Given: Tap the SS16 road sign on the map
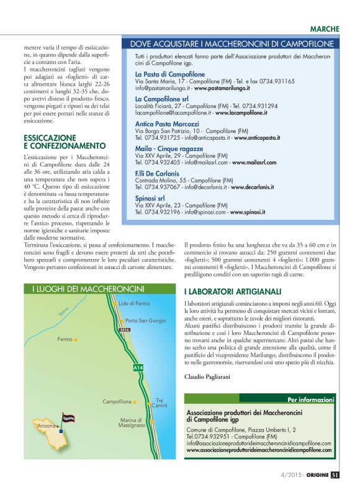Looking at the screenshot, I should point(124,330).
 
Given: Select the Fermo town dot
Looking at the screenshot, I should point(76,340).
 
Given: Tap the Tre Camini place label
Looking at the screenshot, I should point(160,403).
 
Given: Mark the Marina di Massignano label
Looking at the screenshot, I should point(132,423).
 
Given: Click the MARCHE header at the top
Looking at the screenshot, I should point(325,29).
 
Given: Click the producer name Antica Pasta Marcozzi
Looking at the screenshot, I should point(173,124).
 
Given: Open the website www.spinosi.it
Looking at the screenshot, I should point(248,212).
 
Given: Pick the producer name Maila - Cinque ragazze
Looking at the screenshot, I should point(169,149).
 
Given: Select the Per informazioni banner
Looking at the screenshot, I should point(311,399).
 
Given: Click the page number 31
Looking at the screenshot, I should point(335,476).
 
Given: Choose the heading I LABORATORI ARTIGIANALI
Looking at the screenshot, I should point(233,291).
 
